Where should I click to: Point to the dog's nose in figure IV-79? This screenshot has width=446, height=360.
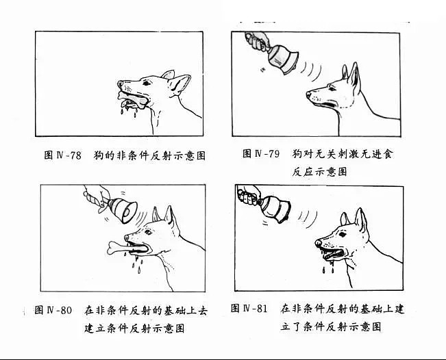[309, 94]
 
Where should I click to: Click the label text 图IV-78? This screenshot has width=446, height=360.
[62, 155]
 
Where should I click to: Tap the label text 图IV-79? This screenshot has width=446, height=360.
[261, 154]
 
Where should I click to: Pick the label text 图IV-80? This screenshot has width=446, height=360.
[53, 311]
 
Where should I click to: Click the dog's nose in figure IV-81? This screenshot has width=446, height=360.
[319, 243]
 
